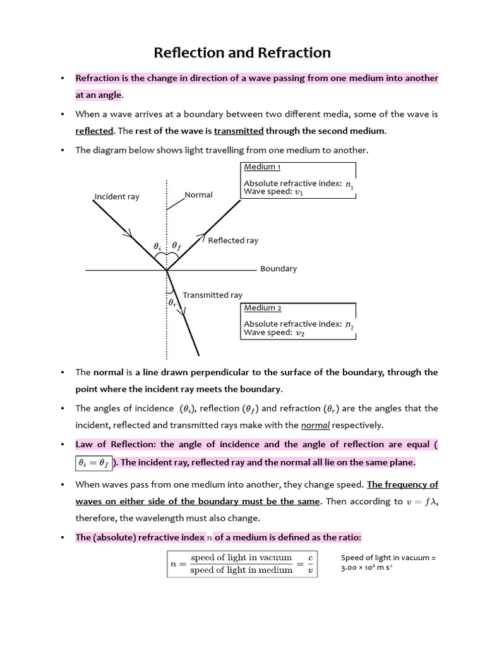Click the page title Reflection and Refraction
click(x=242, y=52)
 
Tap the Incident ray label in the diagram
click(x=117, y=197)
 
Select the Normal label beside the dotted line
click(x=198, y=195)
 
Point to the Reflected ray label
click(x=233, y=240)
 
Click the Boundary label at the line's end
click(x=278, y=269)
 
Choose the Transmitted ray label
click(x=212, y=295)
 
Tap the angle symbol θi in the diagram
click(x=157, y=246)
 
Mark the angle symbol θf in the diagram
click(x=176, y=246)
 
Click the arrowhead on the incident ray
click(x=129, y=235)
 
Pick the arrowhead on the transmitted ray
click(x=183, y=312)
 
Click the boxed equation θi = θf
click(x=93, y=462)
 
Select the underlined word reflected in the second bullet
click(x=94, y=131)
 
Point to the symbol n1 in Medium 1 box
click(x=350, y=184)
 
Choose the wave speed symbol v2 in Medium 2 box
click(x=301, y=333)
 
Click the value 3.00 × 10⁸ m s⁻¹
click(x=366, y=568)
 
